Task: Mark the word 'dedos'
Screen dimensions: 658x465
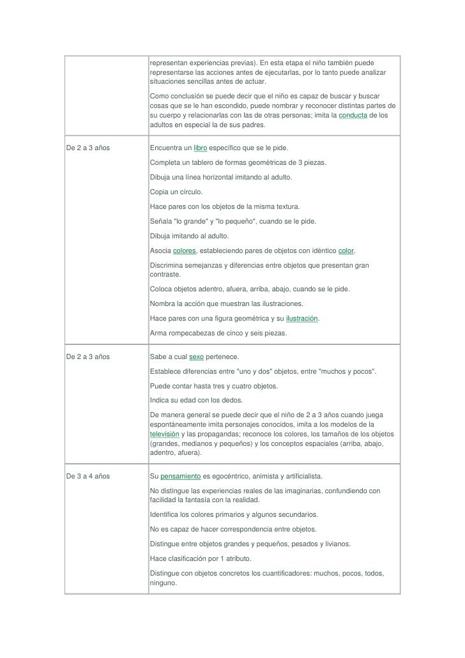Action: pyautogui.click(x=230, y=400)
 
